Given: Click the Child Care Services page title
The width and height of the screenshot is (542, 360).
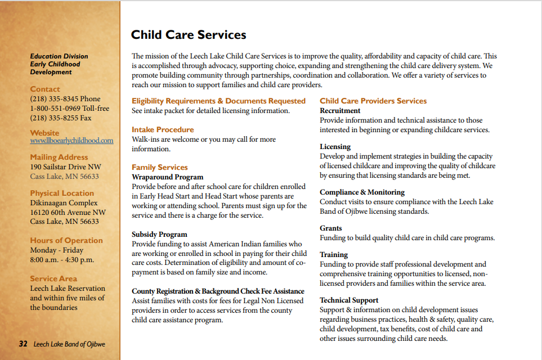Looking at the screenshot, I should [189, 35].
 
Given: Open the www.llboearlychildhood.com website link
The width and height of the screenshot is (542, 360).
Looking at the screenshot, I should [71, 141].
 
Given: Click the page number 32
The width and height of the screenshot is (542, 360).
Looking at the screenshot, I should [23, 344].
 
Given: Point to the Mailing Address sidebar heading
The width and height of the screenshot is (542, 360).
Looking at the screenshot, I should [59, 157].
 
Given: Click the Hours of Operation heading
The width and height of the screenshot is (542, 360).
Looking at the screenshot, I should [66, 240].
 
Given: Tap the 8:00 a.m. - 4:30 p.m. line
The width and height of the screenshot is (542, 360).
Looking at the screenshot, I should [62, 260].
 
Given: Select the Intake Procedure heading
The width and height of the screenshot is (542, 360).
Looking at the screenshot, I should [163, 129].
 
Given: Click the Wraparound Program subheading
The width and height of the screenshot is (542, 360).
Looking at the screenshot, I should [167, 177].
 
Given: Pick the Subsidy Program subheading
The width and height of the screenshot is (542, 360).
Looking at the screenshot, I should [159, 235].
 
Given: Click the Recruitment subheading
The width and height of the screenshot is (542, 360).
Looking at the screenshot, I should [340, 111].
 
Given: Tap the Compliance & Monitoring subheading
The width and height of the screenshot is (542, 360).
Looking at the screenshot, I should [362, 192].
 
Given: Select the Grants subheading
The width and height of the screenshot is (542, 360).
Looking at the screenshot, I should [331, 228].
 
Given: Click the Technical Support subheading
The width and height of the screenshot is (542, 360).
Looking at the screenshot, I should [349, 300].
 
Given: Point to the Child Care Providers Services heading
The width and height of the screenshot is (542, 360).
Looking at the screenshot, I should [373, 101].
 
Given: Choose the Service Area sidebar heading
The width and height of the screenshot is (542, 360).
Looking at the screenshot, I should [53, 278].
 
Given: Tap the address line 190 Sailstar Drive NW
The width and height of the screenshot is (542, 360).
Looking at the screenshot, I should [65, 167].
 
